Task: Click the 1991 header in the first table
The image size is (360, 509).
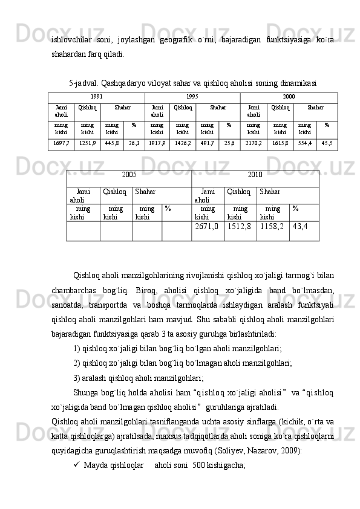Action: pyautogui.click(x=96, y=97)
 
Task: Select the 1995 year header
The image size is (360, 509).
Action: pyautogui.click(x=192, y=97)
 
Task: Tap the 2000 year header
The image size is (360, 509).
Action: pyautogui.click(x=289, y=97)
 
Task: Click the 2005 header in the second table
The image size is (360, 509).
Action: pyautogui.click(x=129, y=175)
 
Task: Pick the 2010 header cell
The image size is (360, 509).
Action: pyautogui.click(x=255, y=175)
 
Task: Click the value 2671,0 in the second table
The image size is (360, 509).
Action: pyautogui.click(x=207, y=227)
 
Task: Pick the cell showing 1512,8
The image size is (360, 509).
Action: pyautogui.click(x=240, y=227)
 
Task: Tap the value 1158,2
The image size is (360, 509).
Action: pyautogui.click(x=272, y=227)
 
